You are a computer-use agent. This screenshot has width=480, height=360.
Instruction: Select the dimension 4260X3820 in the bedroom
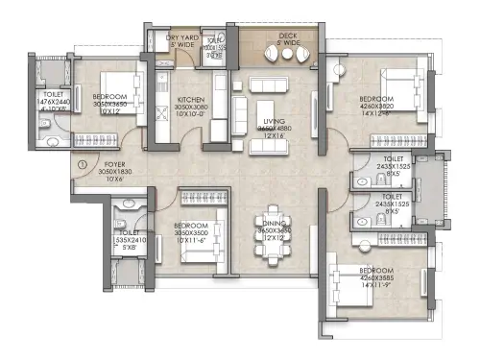click(x=377, y=107)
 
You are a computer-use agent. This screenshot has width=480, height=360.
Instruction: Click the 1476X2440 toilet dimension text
click(x=56, y=104)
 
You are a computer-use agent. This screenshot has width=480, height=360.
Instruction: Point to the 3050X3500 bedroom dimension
click(x=191, y=231)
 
